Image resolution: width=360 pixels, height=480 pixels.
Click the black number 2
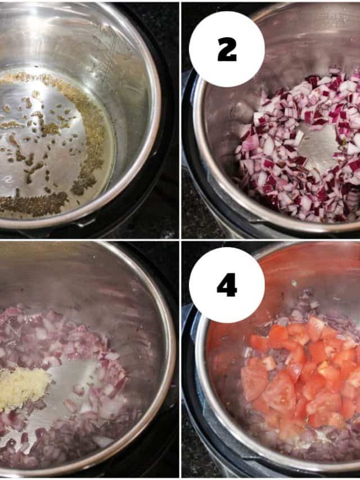(x=227, y=50)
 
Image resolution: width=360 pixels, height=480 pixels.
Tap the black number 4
(x=227, y=285)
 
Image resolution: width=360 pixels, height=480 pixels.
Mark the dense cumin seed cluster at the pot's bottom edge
(x=34, y=204)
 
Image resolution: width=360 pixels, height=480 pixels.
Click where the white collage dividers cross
(x=181, y=240)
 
